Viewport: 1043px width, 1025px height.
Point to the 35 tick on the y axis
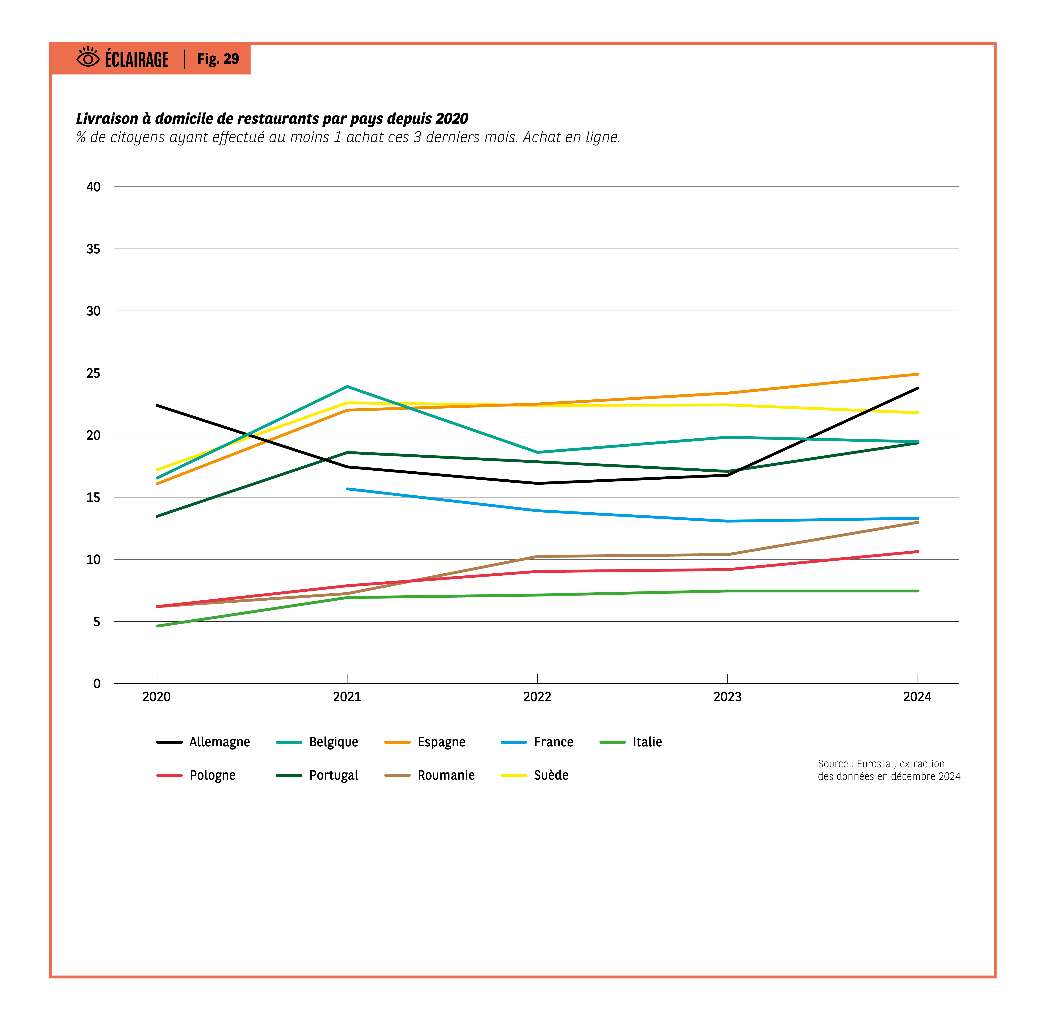pyautogui.click(x=93, y=249)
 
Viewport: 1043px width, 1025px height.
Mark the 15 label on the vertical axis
pyautogui.click(x=93, y=497)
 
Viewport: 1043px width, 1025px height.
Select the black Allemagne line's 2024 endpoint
pyautogui.click(x=918, y=388)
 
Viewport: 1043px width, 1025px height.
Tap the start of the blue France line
pyautogui.click(x=347, y=489)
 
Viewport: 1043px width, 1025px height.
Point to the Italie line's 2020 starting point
pyautogui.click(x=157, y=626)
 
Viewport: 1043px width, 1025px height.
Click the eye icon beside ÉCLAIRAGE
pyautogui.click(x=88, y=58)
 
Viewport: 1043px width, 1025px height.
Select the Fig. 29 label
pyautogui.click(x=218, y=59)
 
